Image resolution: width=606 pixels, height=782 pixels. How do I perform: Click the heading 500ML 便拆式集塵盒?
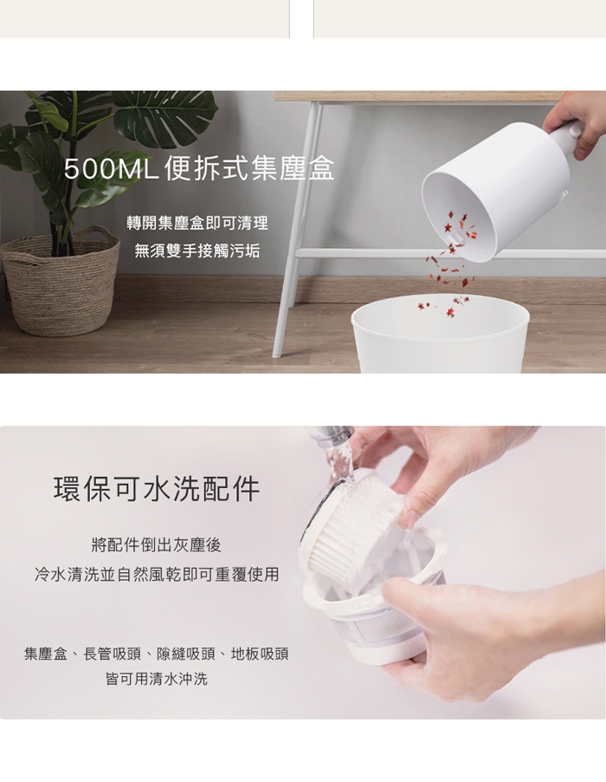point(199,168)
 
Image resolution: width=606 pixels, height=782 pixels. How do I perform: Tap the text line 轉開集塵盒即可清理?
point(197,223)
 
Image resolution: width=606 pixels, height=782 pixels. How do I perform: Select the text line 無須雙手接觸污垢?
point(197,251)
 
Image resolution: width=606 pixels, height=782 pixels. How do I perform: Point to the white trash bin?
point(441,334)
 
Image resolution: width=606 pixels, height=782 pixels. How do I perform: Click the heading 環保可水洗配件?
point(157,489)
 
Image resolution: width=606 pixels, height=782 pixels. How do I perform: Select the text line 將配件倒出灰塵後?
point(157,545)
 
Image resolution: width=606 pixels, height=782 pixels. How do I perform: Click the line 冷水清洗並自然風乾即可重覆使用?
point(157,575)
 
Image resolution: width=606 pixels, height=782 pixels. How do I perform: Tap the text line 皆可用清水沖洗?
point(157,679)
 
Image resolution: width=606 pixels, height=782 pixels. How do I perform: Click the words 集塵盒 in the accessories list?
point(45,654)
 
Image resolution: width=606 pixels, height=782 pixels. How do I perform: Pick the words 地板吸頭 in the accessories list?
point(260,654)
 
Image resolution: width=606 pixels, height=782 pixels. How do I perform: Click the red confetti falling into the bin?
point(451,259)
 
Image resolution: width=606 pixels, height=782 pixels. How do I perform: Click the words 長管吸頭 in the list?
point(112,654)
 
